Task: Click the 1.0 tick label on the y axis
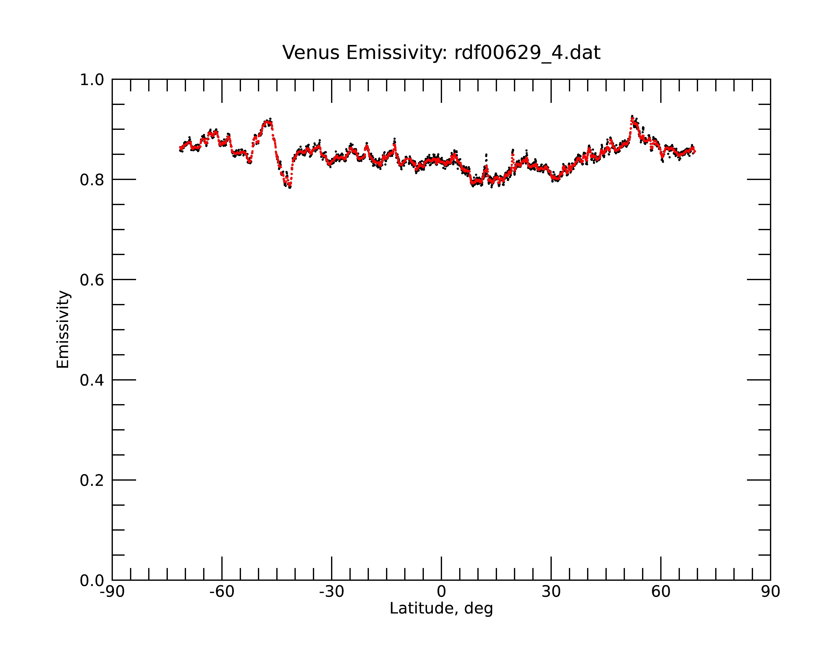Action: pos(92,80)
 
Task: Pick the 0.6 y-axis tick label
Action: pos(92,280)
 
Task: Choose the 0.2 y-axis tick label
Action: pos(92,480)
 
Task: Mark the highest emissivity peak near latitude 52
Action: pos(632,117)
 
